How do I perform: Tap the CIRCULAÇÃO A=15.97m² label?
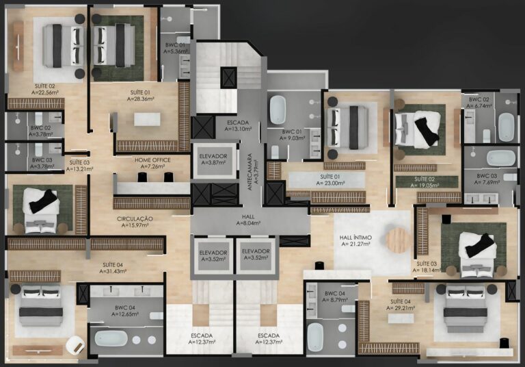134,222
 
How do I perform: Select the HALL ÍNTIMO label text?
355,240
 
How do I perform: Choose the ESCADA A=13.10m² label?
232,124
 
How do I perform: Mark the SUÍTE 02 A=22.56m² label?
46,89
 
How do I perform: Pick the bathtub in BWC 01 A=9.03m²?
278,109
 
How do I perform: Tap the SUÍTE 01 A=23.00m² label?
330,180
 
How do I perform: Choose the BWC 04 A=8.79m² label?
334,297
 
